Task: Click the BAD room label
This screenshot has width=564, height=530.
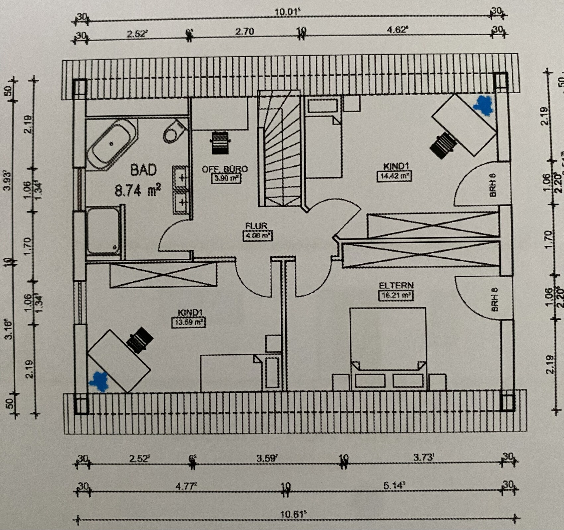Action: point(143,170)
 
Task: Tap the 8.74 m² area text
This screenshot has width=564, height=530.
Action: point(138,191)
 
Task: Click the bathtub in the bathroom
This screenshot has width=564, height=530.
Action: point(112,145)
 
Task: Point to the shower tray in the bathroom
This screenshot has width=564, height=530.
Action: point(104,231)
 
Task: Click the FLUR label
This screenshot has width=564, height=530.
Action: point(256,226)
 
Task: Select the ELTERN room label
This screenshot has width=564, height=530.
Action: point(396,285)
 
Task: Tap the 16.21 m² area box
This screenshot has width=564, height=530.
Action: point(396,295)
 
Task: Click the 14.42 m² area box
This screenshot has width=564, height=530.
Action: point(394,176)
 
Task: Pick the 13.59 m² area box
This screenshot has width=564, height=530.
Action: point(188,322)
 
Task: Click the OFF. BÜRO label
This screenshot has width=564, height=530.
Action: point(225,169)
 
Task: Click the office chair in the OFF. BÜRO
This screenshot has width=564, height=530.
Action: point(219,143)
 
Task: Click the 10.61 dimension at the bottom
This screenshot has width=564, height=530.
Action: point(293,515)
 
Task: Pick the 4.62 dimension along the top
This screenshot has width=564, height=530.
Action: point(397,30)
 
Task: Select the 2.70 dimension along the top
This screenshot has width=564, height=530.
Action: point(245,32)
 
